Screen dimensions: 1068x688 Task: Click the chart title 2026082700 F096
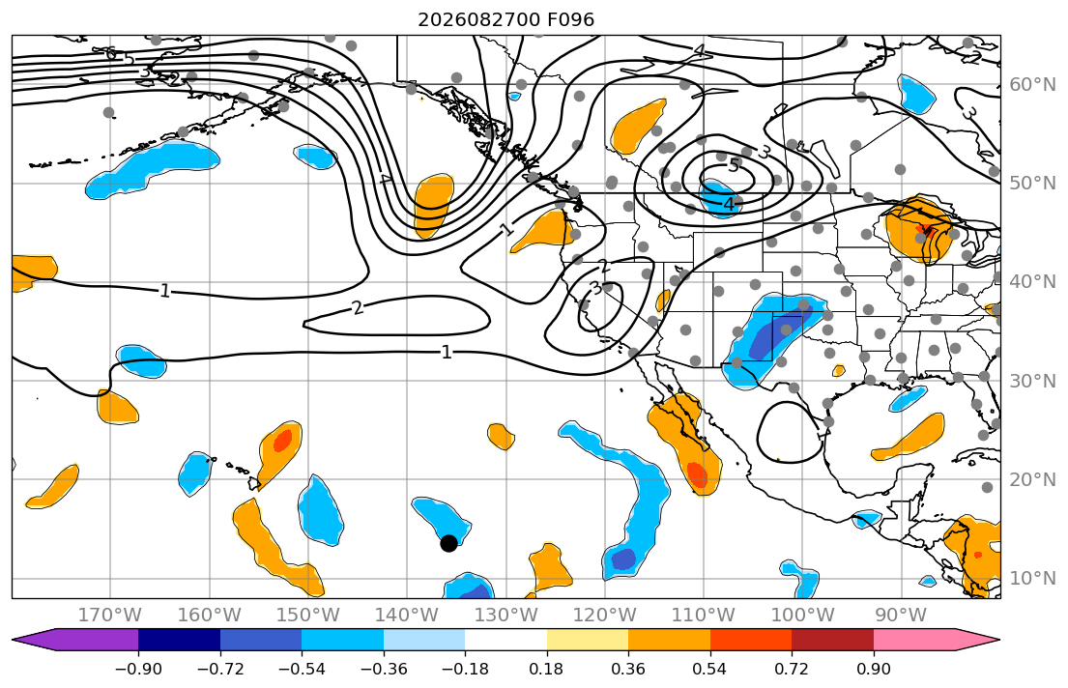click(505, 19)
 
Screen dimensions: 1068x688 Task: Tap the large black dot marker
click(448, 543)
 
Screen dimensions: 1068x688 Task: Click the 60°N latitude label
click(1032, 84)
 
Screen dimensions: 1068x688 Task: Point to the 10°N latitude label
click(1032, 579)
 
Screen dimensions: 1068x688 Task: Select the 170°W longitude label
click(109, 616)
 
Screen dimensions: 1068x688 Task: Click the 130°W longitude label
click(505, 616)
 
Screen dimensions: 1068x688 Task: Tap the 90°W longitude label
click(901, 616)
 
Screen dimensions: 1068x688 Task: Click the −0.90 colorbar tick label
click(138, 669)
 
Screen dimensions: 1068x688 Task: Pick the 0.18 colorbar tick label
click(546, 669)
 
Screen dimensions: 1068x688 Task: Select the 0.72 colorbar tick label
click(792, 669)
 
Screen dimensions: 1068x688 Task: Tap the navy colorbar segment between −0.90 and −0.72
click(179, 641)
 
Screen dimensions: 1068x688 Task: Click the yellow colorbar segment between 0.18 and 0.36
click(587, 641)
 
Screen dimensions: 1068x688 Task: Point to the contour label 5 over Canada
click(733, 165)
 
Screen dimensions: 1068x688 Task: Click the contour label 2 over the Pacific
click(359, 308)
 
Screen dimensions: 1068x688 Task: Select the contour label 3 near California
click(596, 288)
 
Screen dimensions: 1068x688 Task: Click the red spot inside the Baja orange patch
click(696, 473)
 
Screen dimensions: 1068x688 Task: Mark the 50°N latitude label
click(1032, 184)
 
